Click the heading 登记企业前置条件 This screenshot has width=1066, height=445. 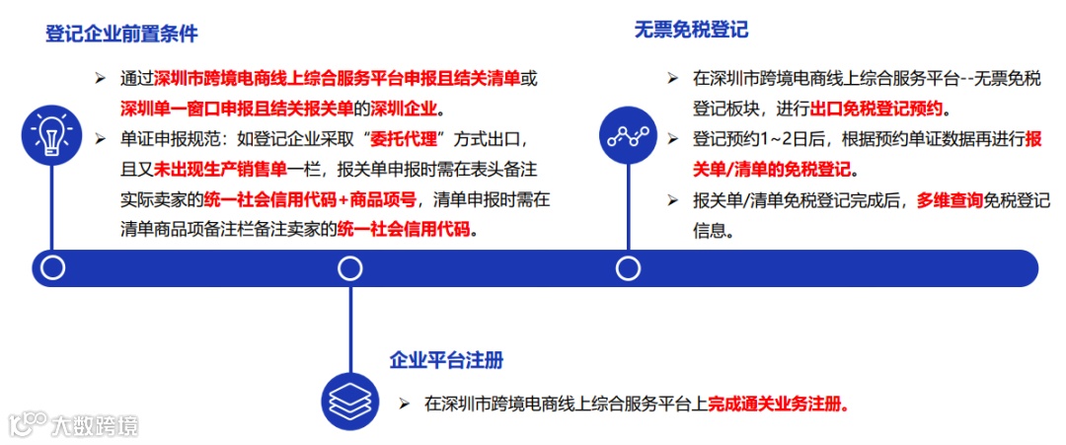[x=121, y=34]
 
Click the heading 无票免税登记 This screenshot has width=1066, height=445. [x=691, y=30]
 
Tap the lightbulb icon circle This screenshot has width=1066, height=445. [x=50, y=135]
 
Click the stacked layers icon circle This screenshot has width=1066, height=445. [x=350, y=401]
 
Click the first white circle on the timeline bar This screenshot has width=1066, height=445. [x=52, y=267]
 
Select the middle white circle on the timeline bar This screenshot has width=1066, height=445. [x=350, y=267]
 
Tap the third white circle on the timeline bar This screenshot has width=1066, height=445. [x=628, y=267]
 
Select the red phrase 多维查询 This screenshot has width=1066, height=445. [x=950, y=200]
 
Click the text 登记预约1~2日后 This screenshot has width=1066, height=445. [x=754, y=139]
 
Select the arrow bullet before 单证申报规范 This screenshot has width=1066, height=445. [x=100, y=137]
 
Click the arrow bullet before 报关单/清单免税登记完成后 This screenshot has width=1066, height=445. [x=673, y=200]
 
